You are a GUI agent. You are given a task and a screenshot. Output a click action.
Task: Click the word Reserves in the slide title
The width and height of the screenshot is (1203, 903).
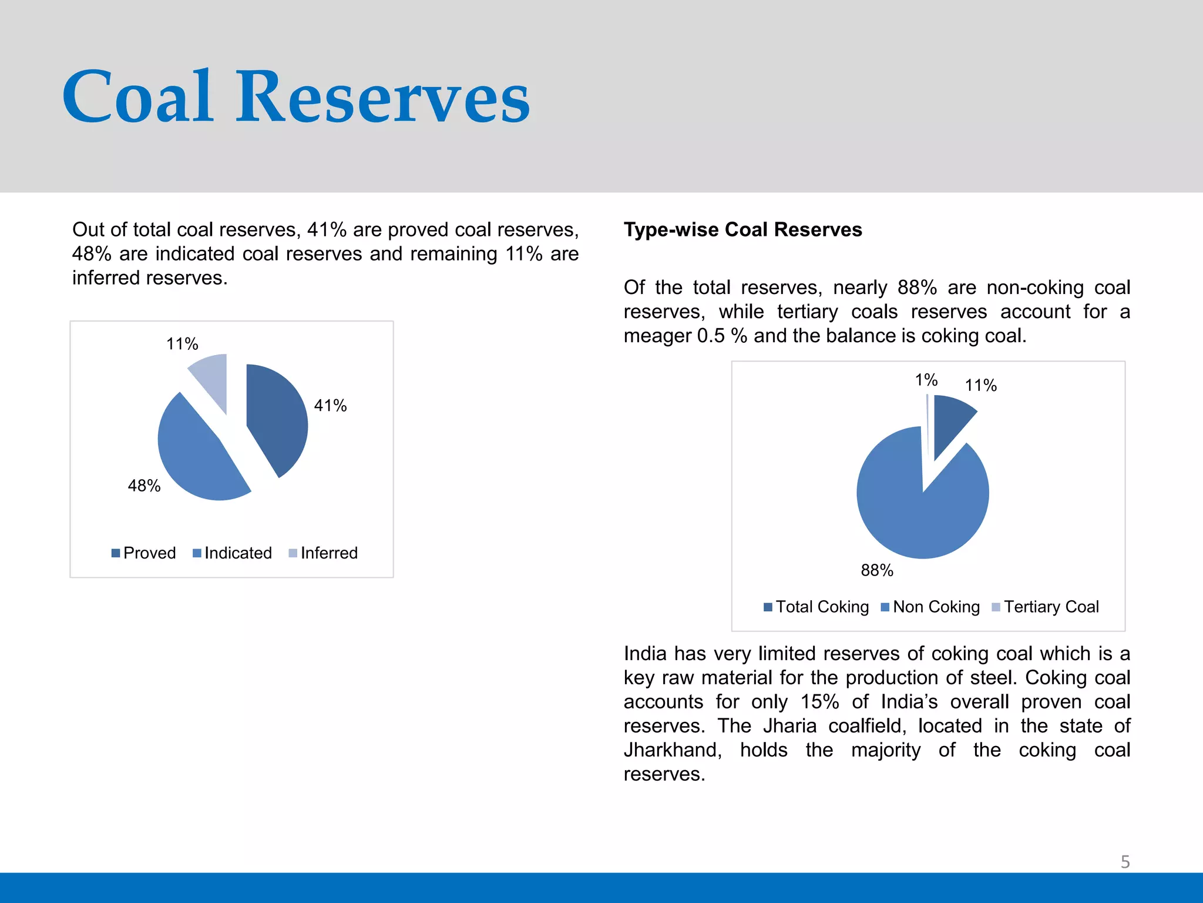(382, 97)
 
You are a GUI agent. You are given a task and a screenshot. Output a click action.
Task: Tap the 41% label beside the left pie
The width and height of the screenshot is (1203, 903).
(330, 406)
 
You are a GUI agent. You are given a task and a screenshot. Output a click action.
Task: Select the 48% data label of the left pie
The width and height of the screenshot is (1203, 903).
(144, 486)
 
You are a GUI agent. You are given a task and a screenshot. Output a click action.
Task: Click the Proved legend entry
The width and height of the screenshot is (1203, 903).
(144, 553)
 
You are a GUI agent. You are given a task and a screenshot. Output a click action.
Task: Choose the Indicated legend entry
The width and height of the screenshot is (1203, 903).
(233, 553)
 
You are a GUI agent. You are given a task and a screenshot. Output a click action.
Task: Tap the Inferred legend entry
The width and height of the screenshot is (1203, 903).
(324, 553)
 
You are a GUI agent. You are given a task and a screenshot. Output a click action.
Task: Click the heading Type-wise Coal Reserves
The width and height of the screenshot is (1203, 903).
(742, 229)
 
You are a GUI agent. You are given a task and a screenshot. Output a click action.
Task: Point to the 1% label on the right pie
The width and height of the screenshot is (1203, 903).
(926, 380)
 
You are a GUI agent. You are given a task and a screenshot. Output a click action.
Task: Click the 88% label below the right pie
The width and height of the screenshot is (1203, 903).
(877, 570)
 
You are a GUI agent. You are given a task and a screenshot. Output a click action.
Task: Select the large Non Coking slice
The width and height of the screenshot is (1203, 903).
(916, 511)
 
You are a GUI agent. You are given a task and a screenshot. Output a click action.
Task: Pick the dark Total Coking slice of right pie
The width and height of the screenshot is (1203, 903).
(949, 420)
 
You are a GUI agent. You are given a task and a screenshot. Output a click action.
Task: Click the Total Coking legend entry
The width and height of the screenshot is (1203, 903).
(816, 607)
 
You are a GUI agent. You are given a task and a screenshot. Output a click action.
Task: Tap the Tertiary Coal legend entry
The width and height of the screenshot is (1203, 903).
(1046, 607)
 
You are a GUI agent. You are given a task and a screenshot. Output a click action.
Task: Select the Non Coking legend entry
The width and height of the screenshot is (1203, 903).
(931, 607)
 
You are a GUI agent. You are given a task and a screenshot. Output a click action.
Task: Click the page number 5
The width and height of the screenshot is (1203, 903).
(1125, 862)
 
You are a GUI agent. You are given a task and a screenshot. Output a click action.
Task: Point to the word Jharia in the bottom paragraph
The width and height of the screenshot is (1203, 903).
(789, 726)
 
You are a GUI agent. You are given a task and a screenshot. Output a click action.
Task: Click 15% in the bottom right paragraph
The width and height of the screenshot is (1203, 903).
(819, 702)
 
